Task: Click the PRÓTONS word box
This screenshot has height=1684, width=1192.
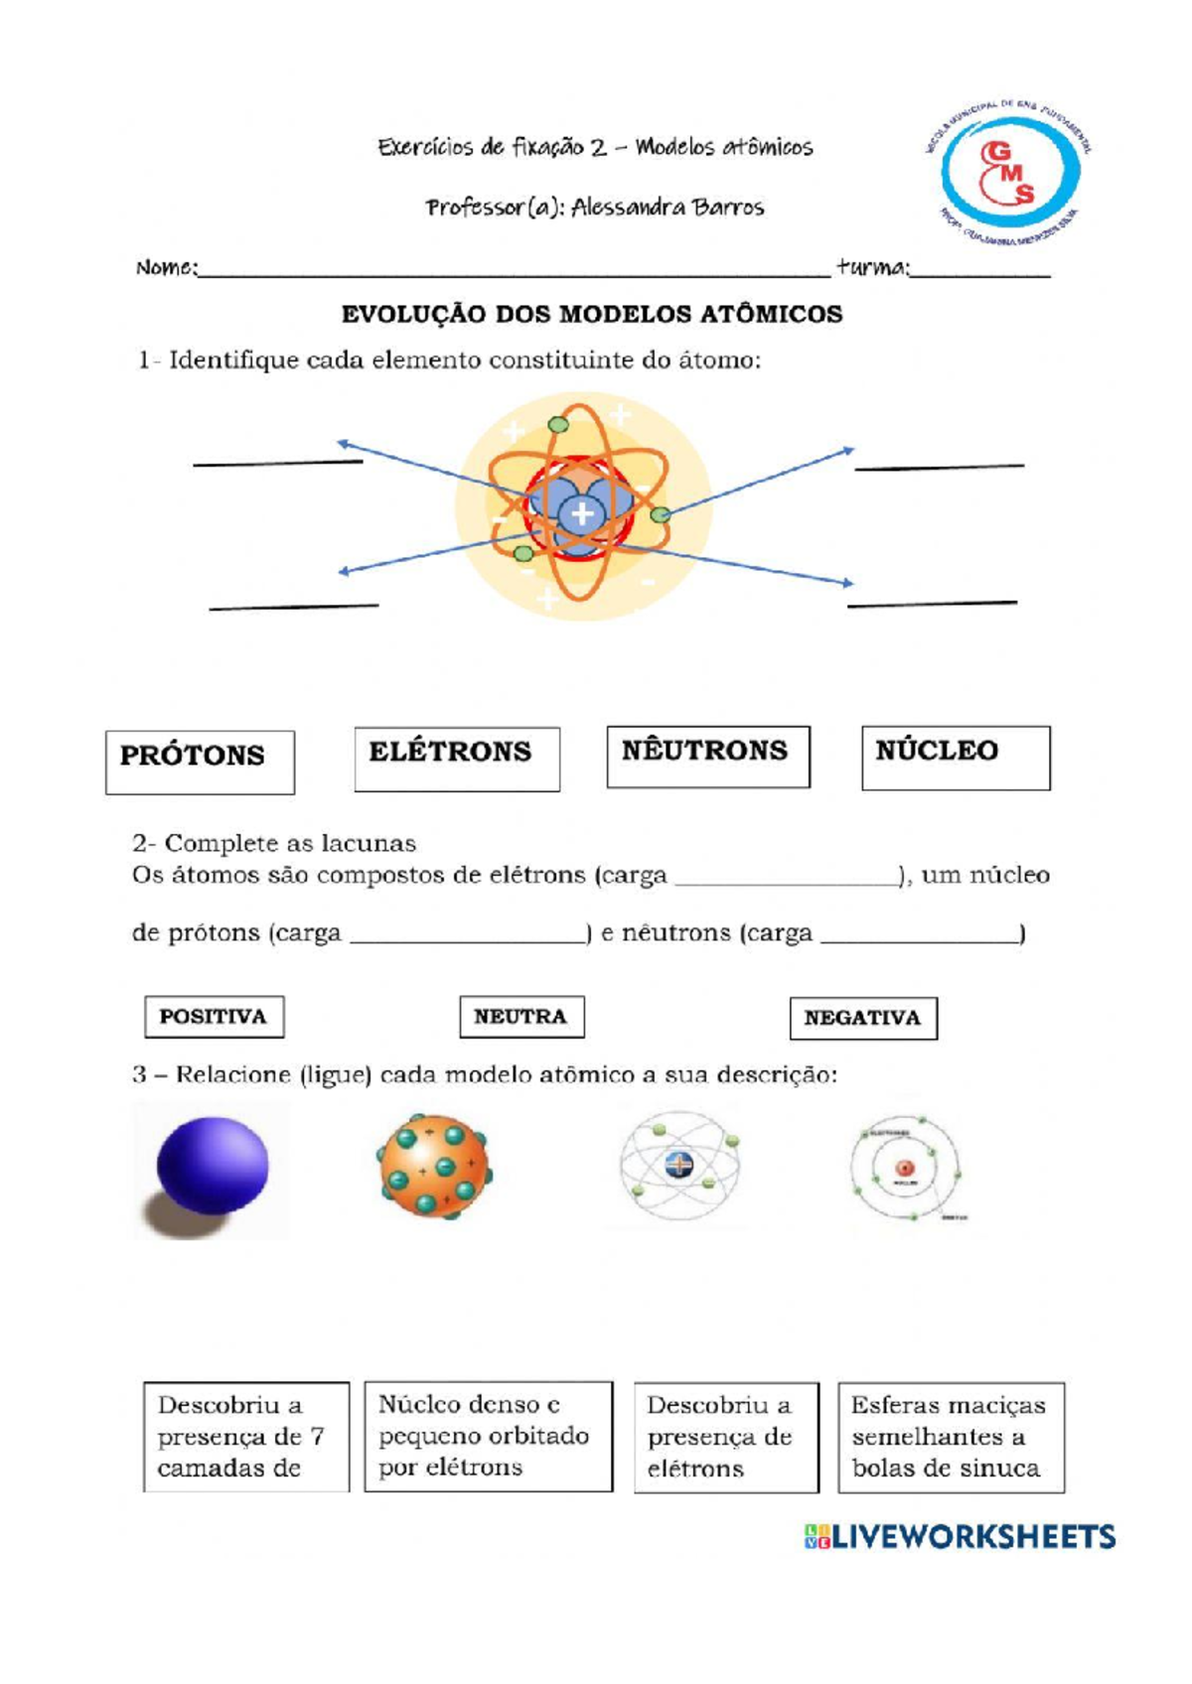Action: click(200, 762)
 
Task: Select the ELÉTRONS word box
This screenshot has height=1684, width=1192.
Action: click(457, 759)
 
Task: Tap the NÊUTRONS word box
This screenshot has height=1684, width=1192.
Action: click(708, 757)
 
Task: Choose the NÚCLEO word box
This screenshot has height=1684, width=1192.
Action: click(956, 758)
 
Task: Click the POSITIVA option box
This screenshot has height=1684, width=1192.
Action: click(214, 1017)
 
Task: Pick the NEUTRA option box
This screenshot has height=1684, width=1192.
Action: click(521, 1017)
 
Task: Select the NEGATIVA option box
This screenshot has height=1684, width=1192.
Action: click(863, 1018)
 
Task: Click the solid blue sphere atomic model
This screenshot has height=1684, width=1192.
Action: click(212, 1168)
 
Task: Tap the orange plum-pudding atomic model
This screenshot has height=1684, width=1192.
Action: click(433, 1166)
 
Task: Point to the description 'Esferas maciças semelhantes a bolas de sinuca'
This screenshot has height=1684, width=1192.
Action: click(951, 1437)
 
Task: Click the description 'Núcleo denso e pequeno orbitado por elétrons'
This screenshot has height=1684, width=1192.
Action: click(488, 1436)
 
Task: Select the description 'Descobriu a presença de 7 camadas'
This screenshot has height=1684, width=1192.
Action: click(245, 1436)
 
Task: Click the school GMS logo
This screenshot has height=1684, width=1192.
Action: click(1009, 175)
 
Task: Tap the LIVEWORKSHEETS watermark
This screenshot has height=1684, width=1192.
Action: click(961, 1537)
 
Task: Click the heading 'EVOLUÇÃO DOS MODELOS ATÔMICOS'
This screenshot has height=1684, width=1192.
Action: click(592, 315)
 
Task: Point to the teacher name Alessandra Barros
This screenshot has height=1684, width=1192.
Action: click(668, 208)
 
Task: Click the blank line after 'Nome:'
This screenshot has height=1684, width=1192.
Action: click(514, 271)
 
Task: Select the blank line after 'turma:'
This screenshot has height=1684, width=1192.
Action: click(980, 271)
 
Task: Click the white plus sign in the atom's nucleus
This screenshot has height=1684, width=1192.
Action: click(582, 513)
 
